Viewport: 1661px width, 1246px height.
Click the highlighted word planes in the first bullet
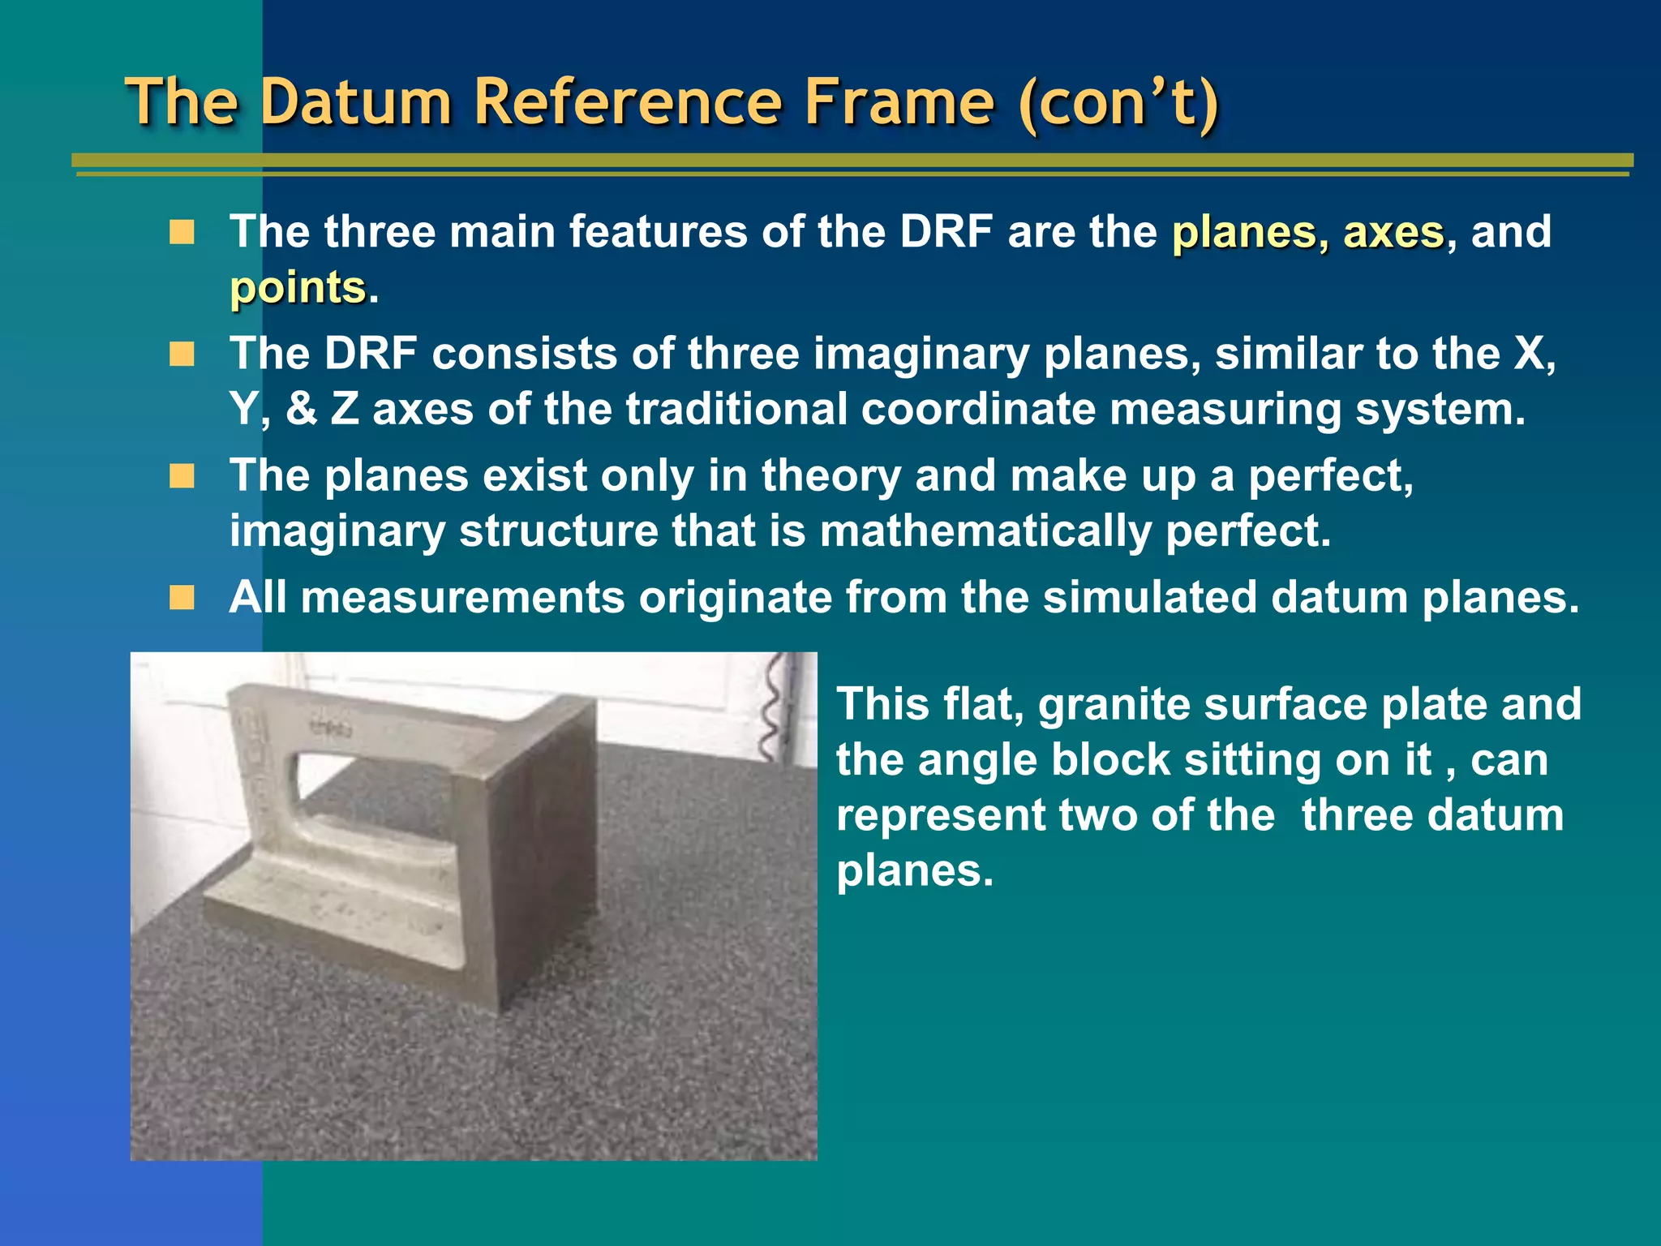pyautogui.click(x=1248, y=233)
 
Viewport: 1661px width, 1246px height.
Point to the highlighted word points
pyautogui.click(x=298, y=288)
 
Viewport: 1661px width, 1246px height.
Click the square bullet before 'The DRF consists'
pyautogui.click(x=182, y=354)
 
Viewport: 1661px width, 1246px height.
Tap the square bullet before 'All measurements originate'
pyautogui.click(x=182, y=598)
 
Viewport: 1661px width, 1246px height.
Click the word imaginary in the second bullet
pyautogui.click(x=921, y=354)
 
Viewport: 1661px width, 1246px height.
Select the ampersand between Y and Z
pyautogui.click(x=301, y=409)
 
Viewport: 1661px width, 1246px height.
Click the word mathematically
pyautogui.click(x=985, y=531)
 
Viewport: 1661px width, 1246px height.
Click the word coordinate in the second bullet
pyautogui.click(x=977, y=409)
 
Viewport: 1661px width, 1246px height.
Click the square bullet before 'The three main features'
pyautogui.click(x=182, y=233)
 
